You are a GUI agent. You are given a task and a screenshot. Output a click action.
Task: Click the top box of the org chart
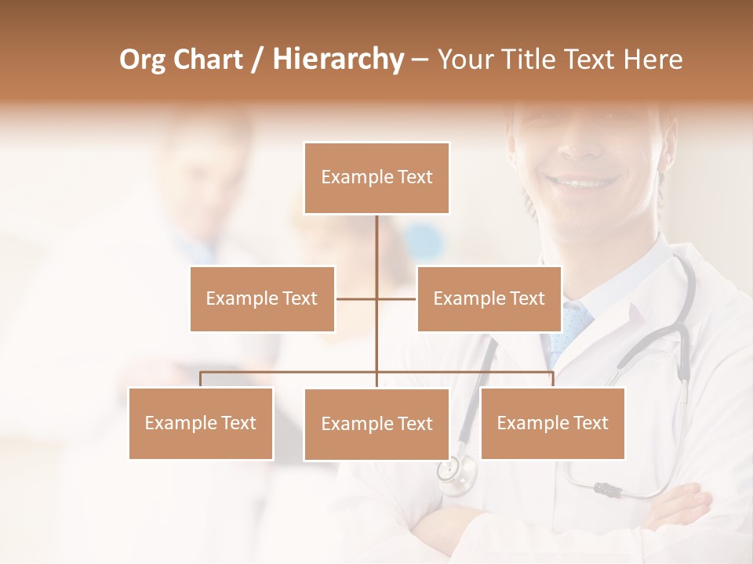tap(376, 178)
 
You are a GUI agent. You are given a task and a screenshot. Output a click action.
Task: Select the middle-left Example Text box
tap(262, 298)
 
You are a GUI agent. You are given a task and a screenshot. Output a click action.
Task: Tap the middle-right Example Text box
tap(489, 298)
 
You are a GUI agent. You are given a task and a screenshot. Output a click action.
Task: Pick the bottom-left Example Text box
tap(201, 423)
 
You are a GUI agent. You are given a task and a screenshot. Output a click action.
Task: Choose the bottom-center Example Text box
tap(376, 424)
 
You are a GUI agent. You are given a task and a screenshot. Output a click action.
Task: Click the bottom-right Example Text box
tap(552, 423)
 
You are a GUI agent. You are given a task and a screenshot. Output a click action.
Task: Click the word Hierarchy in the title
tap(338, 60)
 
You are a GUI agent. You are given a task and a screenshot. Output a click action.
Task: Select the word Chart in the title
tap(207, 60)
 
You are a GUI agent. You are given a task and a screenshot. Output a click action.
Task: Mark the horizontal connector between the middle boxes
tap(376, 298)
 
